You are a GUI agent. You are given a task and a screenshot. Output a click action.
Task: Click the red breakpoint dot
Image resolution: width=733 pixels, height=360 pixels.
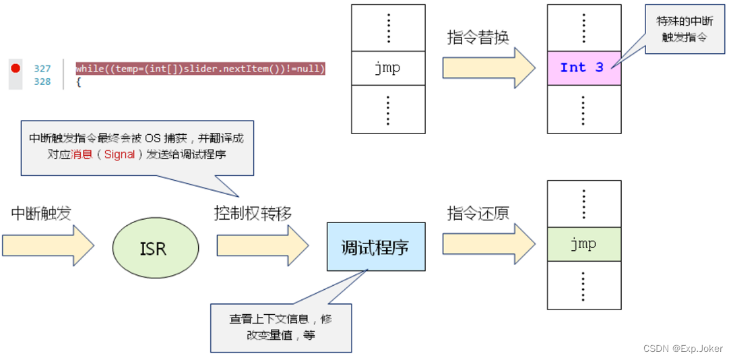point(15,68)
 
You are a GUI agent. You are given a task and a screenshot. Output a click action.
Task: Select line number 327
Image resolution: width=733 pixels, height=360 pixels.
point(42,69)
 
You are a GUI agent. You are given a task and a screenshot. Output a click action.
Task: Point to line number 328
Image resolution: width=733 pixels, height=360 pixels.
point(42,82)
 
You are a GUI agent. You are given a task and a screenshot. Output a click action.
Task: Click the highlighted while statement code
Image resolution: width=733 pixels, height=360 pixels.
point(200,69)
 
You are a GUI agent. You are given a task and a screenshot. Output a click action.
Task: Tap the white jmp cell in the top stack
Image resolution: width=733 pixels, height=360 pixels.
point(389,68)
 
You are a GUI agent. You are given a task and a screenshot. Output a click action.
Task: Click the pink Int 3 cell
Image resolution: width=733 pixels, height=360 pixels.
point(583,67)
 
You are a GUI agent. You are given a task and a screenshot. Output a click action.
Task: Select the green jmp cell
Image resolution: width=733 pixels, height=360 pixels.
point(583,243)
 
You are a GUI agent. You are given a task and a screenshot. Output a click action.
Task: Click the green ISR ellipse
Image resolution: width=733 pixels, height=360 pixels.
point(152,248)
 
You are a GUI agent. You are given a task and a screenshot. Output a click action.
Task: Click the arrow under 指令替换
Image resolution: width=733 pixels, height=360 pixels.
point(487,68)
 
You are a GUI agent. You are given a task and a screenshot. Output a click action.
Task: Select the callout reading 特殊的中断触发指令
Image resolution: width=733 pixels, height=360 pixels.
point(684,30)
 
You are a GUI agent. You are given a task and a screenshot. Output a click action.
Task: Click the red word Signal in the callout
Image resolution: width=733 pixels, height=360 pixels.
point(119,154)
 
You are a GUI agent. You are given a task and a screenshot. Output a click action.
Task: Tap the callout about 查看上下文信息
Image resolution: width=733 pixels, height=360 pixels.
point(280,327)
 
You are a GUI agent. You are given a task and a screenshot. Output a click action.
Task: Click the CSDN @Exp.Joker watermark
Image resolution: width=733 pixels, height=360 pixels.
point(682,349)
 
